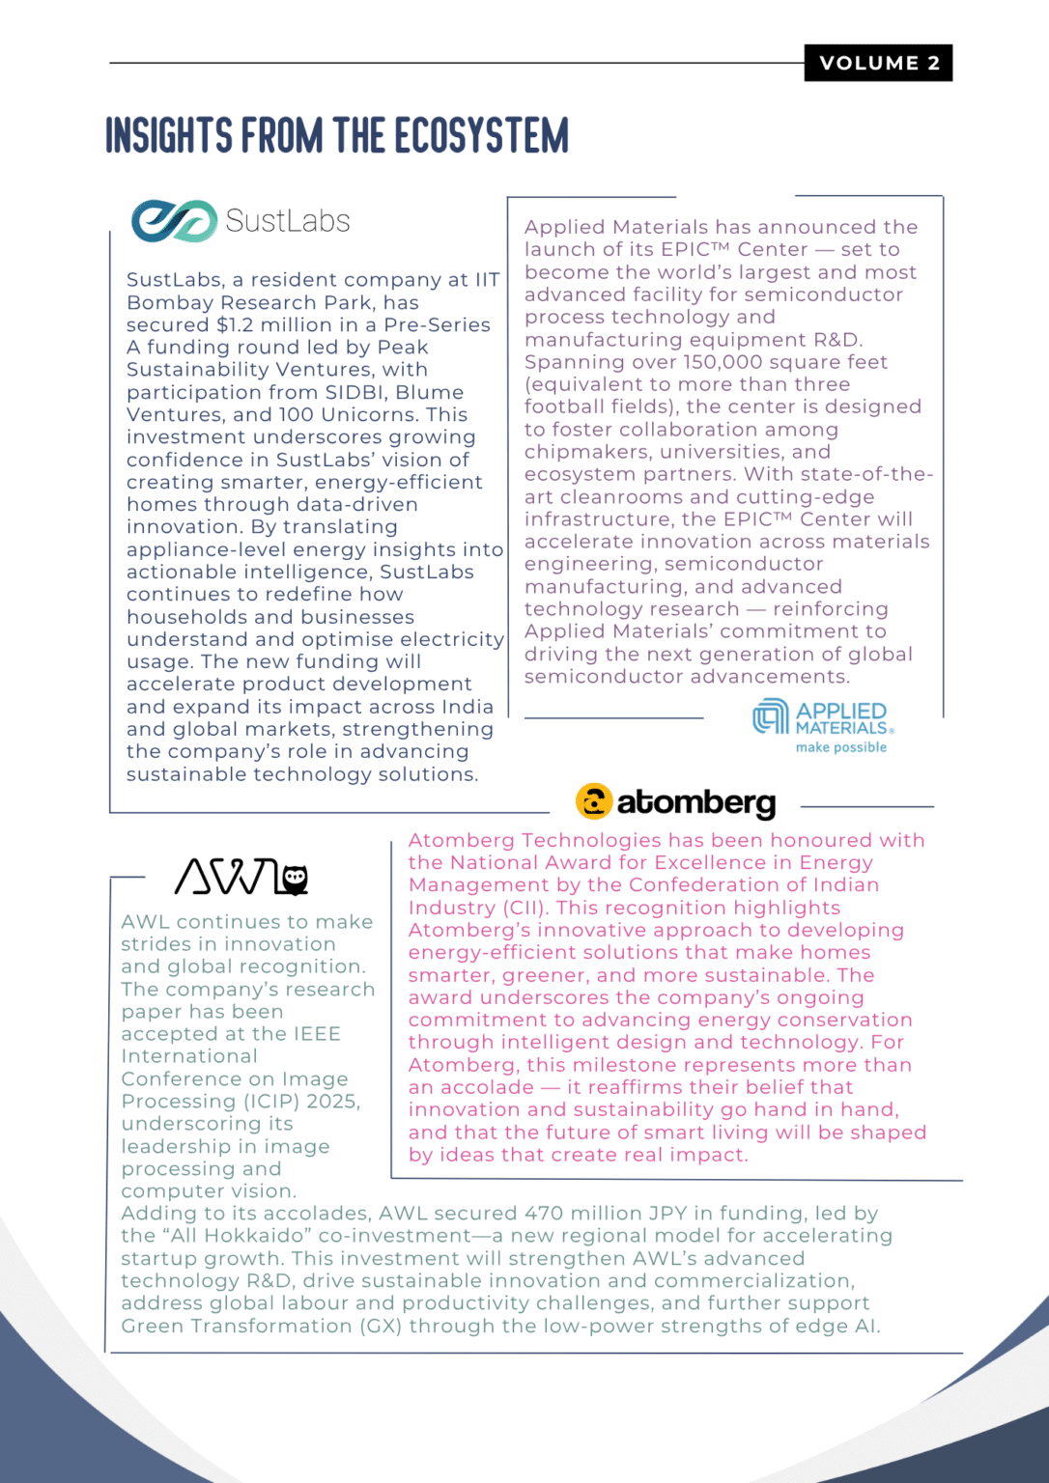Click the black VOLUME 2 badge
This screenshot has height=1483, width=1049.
[878, 63]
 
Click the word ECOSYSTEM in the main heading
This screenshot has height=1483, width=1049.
[482, 136]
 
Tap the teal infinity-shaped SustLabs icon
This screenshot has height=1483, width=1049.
[174, 221]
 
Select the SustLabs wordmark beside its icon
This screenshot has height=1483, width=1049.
[288, 221]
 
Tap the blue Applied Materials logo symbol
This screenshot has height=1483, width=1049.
[771, 716]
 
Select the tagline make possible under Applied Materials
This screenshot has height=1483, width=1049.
[840, 747]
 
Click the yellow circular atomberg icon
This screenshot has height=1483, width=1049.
[594, 801]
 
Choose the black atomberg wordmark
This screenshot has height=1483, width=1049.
[695, 802]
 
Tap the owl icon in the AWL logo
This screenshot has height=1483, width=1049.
[293, 878]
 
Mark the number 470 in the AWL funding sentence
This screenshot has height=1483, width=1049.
[544, 1214]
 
